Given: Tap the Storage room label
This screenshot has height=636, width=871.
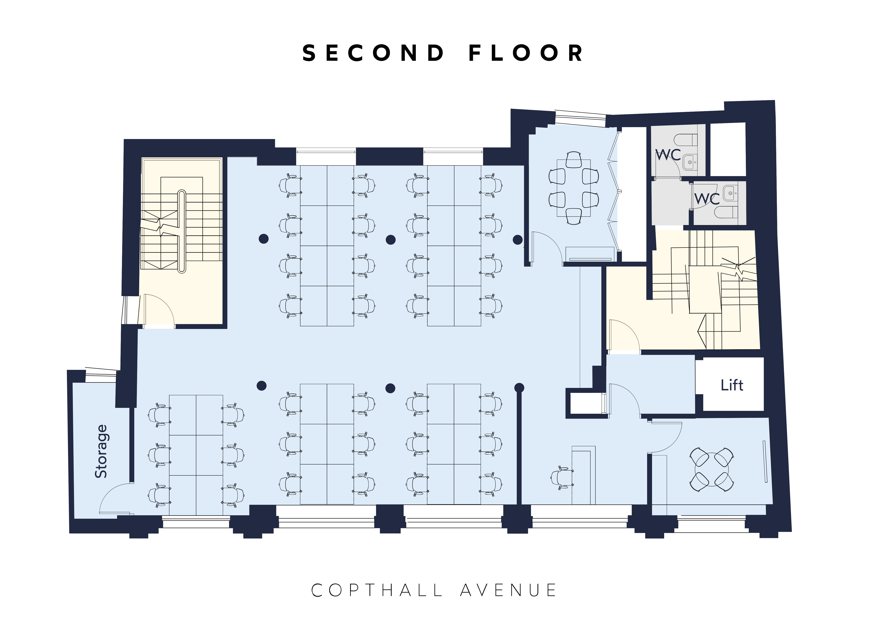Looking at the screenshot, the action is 101,451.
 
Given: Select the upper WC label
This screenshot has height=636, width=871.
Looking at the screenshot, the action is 668,155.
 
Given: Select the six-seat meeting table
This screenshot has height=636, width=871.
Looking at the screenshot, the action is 574,188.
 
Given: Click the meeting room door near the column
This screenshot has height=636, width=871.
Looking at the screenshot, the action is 547,246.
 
